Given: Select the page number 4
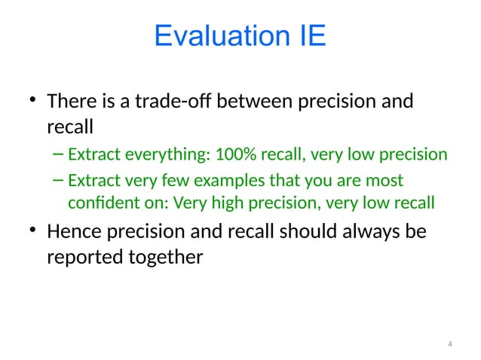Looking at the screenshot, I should click(x=449, y=344).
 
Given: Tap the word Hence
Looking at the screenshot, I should click(x=74, y=233).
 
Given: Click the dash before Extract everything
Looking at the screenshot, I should click(x=58, y=156).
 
